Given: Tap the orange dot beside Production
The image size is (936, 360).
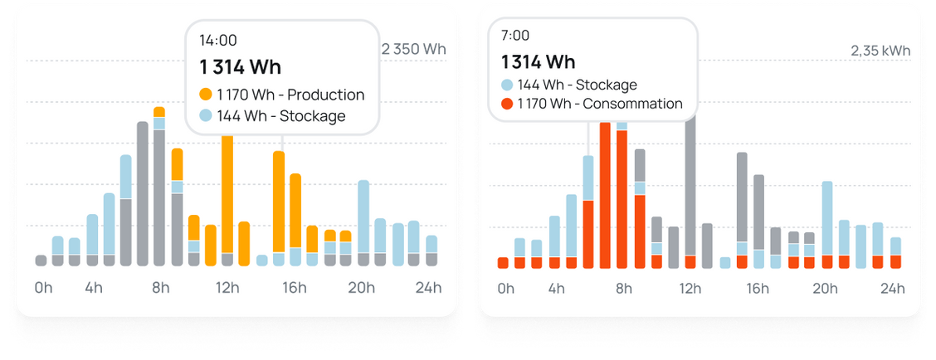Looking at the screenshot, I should point(206,95).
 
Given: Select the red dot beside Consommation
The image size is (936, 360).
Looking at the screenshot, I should point(507,105).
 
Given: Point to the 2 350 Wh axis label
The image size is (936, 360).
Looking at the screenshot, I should point(413,49).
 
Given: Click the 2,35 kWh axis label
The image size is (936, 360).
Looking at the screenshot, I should point(880,51).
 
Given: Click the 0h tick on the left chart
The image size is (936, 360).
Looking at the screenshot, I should point(43,289).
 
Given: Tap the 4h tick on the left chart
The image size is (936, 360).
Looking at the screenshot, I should point(93,289).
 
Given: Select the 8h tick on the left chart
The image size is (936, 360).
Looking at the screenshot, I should point(160,289).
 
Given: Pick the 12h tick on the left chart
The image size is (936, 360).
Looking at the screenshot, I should point(227,289).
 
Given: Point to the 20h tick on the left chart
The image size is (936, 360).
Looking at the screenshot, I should point(362,289).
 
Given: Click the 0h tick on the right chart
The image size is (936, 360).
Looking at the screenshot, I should point(505,289).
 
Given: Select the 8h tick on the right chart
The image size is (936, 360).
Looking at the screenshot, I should point(623,289).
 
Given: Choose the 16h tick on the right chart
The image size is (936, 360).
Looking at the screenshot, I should point(758,289).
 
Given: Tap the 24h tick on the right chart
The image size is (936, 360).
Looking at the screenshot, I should point(893,289).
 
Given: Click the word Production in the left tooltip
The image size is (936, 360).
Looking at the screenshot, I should point(325,95).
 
